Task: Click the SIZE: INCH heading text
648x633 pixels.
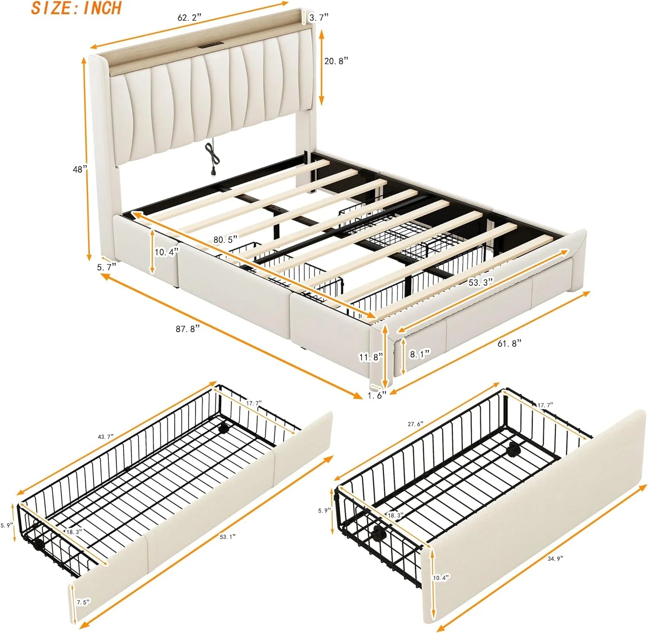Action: [x=76, y=8]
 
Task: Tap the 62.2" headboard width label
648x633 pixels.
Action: [x=190, y=18]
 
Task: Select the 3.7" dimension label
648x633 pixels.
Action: [x=319, y=17]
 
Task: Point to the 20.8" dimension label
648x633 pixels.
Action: [x=336, y=61]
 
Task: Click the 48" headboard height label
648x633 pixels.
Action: [x=80, y=169]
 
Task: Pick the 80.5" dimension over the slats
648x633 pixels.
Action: [x=225, y=239]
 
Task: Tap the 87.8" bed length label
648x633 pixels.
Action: [x=188, y=328]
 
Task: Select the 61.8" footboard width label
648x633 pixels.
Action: [x=509, y=344]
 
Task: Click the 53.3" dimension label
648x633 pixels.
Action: [x=481, y=283]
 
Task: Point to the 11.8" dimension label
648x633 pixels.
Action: [x=371, y=357]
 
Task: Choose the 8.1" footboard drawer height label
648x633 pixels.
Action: [x=419, y=354]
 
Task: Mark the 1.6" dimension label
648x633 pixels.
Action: [x=377, y=395]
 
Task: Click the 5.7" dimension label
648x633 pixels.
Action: [x=107, y=267]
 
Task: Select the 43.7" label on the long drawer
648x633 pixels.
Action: [x=106, y=437]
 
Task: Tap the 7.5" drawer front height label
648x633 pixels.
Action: [x=83, y=602]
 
